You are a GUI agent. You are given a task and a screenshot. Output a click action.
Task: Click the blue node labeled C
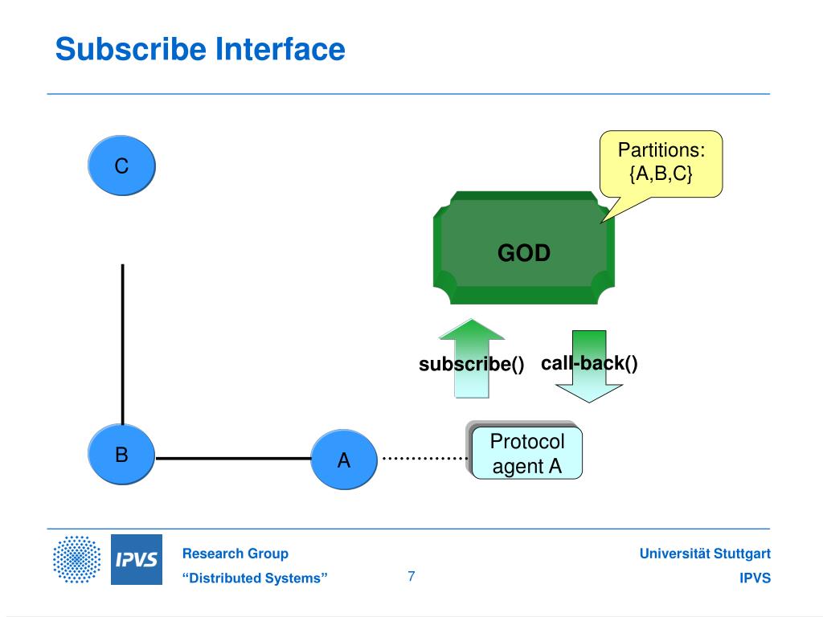[x=121, y=165]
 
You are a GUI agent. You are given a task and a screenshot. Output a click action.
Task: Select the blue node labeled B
[x=121, y=454]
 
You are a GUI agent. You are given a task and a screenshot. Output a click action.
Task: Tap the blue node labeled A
[x=344, y=460]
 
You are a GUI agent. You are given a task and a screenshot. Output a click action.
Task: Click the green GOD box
[x=524, y=247]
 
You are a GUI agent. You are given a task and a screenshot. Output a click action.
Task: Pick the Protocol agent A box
[x=526, y=453]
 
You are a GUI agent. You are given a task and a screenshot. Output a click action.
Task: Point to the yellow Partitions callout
[x=661, y=164]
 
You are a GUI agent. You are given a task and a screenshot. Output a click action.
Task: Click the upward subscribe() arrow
[x=471, y=358]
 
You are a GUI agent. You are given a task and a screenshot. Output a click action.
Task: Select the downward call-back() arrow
[x=589, y=366]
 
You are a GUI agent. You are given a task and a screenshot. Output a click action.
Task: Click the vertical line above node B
[x=123, y=344]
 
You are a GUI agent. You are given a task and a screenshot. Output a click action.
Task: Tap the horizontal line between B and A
[x=234, y=459]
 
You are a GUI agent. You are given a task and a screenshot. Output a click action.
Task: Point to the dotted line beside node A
[x=424, y=459]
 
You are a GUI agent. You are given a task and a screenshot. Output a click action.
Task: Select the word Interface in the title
[x=280, y=49]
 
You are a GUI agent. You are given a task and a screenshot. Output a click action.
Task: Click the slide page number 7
[x=411, y=576]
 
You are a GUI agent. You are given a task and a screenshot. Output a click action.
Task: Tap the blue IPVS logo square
[x=137, y=559]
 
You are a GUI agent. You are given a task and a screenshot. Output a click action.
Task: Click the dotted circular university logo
[x=76, y=559]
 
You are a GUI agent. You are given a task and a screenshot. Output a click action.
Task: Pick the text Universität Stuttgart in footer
[x=705, y=554]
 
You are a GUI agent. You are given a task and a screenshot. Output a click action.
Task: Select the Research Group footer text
[x=235, y=554]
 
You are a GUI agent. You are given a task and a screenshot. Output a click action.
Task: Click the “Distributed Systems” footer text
[x=255, y=578]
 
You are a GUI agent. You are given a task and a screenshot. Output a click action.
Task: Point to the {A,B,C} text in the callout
[x=661, y=174]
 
